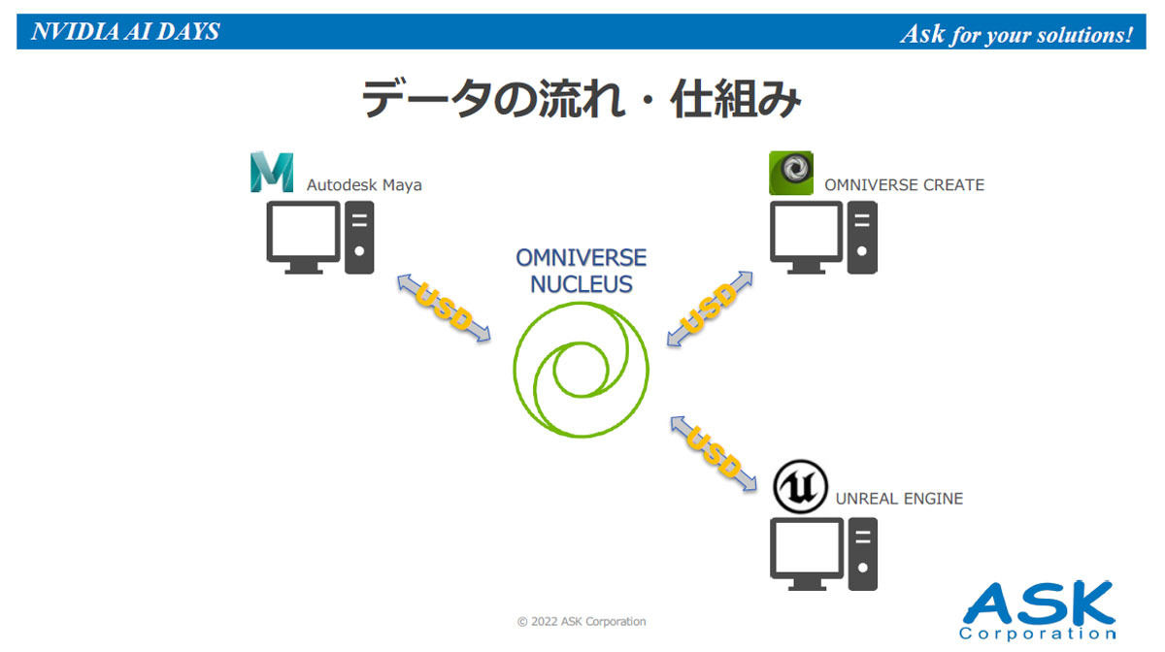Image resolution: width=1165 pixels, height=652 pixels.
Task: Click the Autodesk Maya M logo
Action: coord(272,172)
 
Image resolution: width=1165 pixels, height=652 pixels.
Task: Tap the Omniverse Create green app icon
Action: coord(791,173)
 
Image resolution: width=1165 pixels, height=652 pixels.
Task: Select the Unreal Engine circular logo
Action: coord(800,487)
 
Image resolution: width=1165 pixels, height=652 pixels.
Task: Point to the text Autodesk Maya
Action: coord(364,185)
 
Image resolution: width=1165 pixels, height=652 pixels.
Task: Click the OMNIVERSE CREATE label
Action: coord(905,185)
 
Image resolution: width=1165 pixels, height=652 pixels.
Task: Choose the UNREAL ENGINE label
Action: coord(899,499)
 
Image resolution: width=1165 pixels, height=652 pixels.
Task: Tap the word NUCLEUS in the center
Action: coord(581,284)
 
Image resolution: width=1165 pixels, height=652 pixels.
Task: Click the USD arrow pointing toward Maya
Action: coord(444,308)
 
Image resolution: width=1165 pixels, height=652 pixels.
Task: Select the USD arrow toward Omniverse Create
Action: coord(710,309)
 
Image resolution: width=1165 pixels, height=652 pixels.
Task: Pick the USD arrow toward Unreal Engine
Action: coord(714,453)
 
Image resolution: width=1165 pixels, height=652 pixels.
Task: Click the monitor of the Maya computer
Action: coord(303,237)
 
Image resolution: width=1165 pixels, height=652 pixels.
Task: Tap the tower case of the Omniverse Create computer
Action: coord(862,237)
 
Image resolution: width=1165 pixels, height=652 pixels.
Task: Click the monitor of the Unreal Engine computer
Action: coord(807,554)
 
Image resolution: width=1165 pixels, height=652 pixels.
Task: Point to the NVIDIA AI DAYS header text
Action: coord(125,32)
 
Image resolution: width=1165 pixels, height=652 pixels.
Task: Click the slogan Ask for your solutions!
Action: coord(1016,34)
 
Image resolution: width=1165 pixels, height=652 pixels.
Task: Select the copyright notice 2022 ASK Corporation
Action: coord(582,622)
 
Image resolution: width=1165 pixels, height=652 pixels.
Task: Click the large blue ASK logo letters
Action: coord(1039,603)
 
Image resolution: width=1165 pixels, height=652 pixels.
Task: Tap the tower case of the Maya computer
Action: coord(359,237)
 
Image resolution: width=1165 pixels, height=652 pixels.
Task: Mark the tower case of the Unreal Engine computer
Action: coord(862,554)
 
